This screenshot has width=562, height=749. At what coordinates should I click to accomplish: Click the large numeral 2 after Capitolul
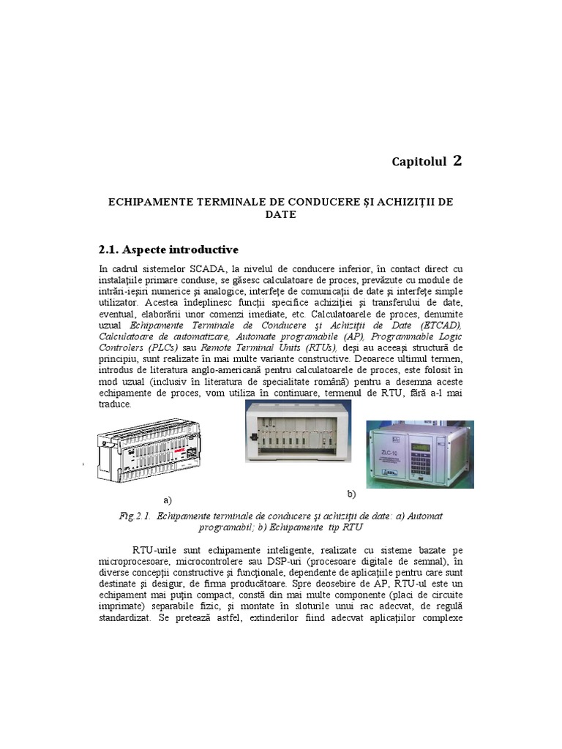pos(457,161)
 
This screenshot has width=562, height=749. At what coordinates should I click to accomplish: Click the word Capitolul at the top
pos(419,162)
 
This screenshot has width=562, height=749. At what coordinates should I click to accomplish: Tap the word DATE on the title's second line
pos(281,214)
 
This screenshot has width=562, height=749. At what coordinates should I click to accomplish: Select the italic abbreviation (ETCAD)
pos(436,325)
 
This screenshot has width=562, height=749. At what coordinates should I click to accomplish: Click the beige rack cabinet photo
pos(296,431)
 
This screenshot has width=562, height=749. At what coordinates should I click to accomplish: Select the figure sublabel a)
pos(168,500)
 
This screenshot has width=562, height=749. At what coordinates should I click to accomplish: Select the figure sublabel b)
pos(351,494)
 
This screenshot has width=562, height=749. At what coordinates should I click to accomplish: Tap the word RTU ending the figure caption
pos(353,527)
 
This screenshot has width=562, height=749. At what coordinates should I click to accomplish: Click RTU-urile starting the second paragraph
pos(154,549)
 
